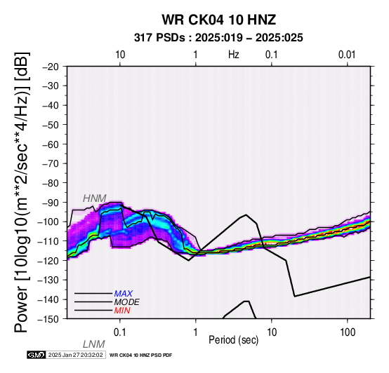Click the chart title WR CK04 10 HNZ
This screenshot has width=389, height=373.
(x=219, y=20)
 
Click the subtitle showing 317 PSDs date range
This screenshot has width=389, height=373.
(x=218, y=38)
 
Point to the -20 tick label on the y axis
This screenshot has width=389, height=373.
(x=51, y=67)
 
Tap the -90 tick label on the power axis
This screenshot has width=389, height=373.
(x=51, y=203)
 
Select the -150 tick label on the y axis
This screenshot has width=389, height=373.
(x=48, y=319)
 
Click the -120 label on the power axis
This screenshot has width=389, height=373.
(x=48, y=261)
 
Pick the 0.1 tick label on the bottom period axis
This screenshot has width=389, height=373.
(x=119, y=332)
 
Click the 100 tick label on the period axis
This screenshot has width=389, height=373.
(x=348, y=332)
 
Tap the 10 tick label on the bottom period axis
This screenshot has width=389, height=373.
(x=272, y=332)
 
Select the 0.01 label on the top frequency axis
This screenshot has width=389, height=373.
(x=347, y=55)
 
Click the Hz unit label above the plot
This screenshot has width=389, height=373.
(x=234, y=55)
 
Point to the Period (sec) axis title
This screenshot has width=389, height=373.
(x=233, y=340)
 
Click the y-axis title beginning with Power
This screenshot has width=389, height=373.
(x=22, y=193)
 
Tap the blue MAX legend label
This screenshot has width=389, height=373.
(x=124, y=294)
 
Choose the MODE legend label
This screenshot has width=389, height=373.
(x=127, y=302)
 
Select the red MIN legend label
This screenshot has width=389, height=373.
(x=122, y=311)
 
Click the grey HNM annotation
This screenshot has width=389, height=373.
(x=95, y=198)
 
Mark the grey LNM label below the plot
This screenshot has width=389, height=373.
(x=94, y=344)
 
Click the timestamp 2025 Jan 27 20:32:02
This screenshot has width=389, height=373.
(x=75, y=355)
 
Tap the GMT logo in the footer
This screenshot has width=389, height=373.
(x=37, y=355)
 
